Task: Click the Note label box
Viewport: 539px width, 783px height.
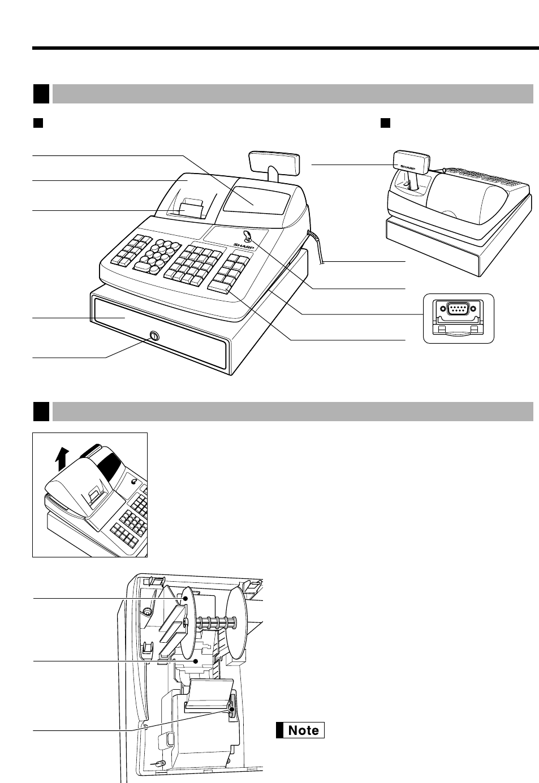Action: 300,730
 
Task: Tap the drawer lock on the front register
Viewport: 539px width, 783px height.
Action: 152,337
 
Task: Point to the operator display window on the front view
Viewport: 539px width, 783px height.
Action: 256,201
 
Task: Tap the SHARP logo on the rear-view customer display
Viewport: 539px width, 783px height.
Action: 408,167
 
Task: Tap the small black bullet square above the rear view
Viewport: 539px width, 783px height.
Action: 386,122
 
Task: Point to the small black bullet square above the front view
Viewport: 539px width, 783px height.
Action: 38,122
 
